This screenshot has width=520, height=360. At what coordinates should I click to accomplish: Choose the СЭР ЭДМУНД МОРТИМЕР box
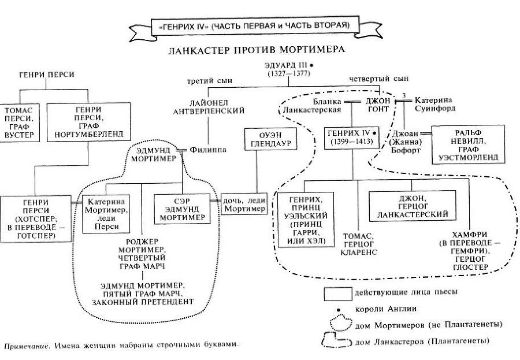point(183,208)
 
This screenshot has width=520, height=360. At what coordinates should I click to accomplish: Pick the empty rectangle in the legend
point(337,292)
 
